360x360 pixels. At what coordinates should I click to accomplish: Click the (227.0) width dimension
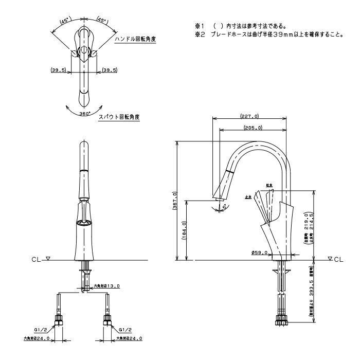click(249, 116)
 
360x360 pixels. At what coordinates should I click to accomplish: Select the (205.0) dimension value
click(253, 128)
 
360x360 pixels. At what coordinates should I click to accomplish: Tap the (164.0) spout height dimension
click(184, 229)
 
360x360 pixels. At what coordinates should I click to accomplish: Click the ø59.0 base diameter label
click(258, 252)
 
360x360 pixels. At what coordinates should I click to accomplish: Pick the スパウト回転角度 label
click(119, 117)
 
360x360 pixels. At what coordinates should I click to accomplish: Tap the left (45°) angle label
click(65, 22)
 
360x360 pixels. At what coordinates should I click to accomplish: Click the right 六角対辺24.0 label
click(129, 338)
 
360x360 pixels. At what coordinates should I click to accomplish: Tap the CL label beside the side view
click(338, 260)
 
